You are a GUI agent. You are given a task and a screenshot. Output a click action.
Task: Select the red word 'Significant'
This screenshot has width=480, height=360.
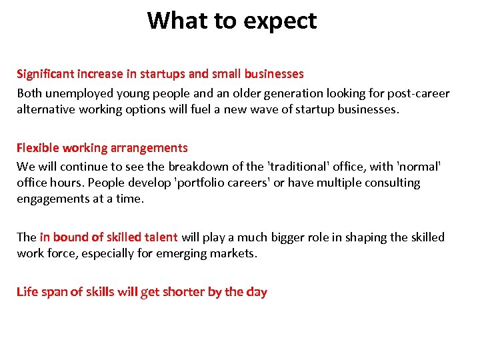click(45, 74)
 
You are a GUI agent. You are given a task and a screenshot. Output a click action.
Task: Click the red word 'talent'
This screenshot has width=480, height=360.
click(159, 237)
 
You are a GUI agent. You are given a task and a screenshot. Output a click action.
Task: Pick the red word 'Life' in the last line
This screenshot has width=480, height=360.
click(27, 292)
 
